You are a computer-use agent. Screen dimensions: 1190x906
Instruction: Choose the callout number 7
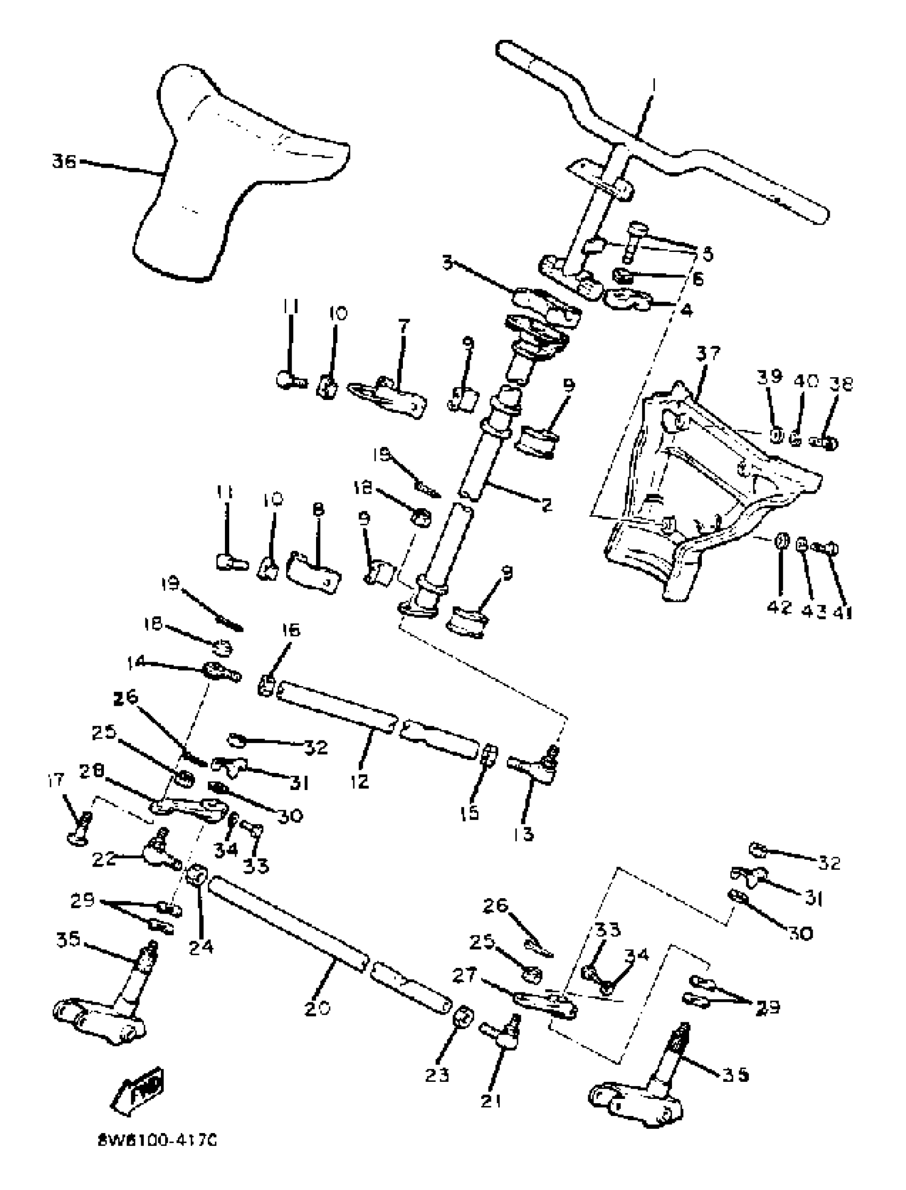403,327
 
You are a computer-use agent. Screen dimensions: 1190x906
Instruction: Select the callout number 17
55,780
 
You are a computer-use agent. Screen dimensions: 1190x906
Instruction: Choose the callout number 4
686,311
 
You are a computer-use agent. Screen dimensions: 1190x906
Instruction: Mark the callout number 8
318,509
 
